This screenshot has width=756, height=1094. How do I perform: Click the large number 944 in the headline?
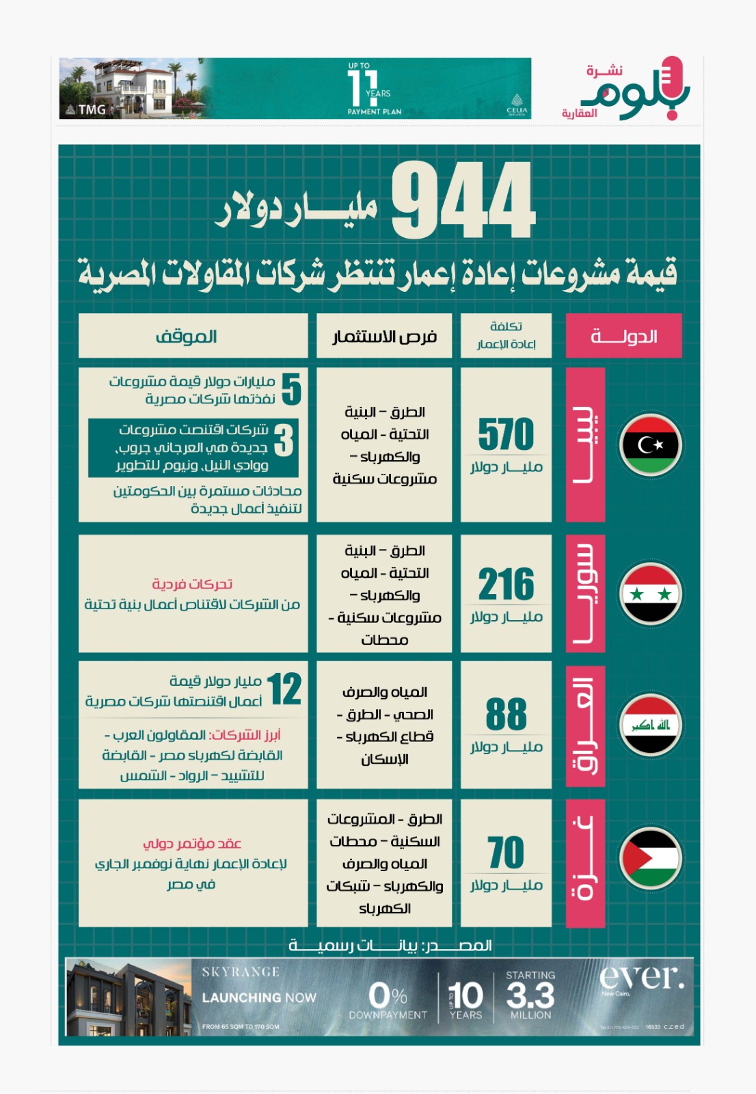[x=463, y=200]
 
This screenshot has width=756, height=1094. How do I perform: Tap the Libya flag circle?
[x=650, y=445]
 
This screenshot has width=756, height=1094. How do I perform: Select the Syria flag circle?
[x=650, y=593]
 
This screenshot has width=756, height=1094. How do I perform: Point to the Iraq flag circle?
[x=650, y=725]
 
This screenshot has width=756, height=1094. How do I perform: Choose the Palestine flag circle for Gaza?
[x=650, y=857]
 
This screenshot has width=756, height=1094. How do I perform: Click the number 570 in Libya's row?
[x=506, y=435]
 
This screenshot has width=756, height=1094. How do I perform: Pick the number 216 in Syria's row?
[x=506, y=585]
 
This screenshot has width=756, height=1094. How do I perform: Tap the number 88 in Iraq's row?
[x=506, y=715]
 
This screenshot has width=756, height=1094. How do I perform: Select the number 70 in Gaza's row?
[x=506, y=853]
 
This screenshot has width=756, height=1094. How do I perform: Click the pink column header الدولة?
[x=623, y=336]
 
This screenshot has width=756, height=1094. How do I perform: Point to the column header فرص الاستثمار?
[x=384, y=336]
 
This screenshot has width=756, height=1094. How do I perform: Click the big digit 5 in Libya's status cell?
[x=291, y=389]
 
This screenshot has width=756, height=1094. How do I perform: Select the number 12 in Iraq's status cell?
[x=284, y=689]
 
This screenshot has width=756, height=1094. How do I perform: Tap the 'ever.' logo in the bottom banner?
[x=641, y=978]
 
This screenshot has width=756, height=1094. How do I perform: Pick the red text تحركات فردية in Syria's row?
[x=192, y=584]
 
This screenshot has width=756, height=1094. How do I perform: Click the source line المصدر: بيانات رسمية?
[x=390, y=946]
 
